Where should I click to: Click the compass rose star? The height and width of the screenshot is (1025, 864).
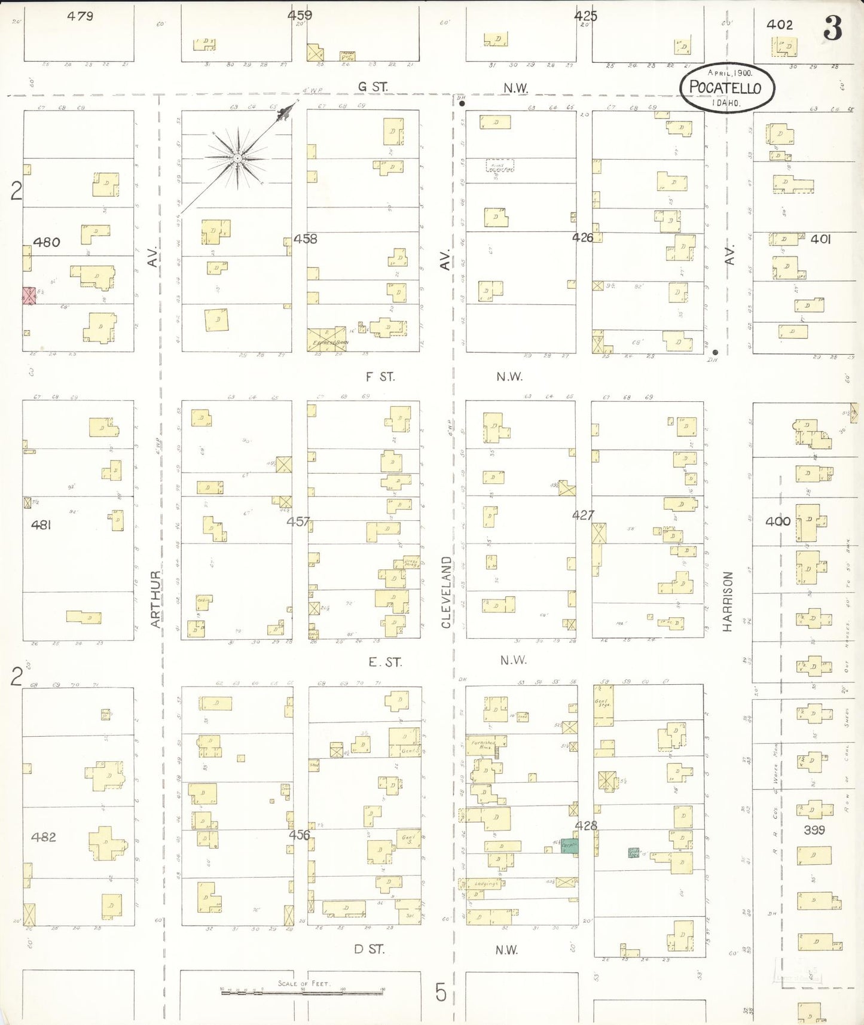click(x=237, y=158)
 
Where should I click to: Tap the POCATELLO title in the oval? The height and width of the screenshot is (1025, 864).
click(x=725, y=87)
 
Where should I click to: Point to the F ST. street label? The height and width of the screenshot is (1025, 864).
click(x=380, y=377)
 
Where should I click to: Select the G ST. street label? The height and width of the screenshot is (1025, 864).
click(x=373, y=87)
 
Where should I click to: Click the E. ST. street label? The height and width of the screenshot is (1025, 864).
click(x=385, y=662)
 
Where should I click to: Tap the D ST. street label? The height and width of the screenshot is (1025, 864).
click(x=369, y=949)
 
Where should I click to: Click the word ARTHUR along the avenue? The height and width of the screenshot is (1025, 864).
click(x=155, y=599)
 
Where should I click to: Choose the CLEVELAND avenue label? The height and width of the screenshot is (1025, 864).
click(x=446, y=592)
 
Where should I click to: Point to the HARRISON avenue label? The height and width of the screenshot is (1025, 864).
click(x=727, y=601)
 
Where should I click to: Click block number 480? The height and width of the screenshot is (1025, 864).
click(x=46, y=242)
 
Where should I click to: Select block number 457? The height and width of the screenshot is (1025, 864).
click(x=298, y=521)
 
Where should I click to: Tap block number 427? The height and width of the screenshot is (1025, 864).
click(x=583, y=515)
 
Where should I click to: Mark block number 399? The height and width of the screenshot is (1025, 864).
click(x=814, y=830)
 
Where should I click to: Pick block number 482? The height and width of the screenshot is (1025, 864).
click(x=44, y=837)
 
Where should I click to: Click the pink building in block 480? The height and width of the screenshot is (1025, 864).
click(x=29, y=295)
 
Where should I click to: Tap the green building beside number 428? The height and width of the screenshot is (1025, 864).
click(x=570, y=845)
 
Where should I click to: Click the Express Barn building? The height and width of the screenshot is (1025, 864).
click(x=326, y=339)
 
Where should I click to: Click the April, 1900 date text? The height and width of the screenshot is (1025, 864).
click(x=730, y=72)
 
